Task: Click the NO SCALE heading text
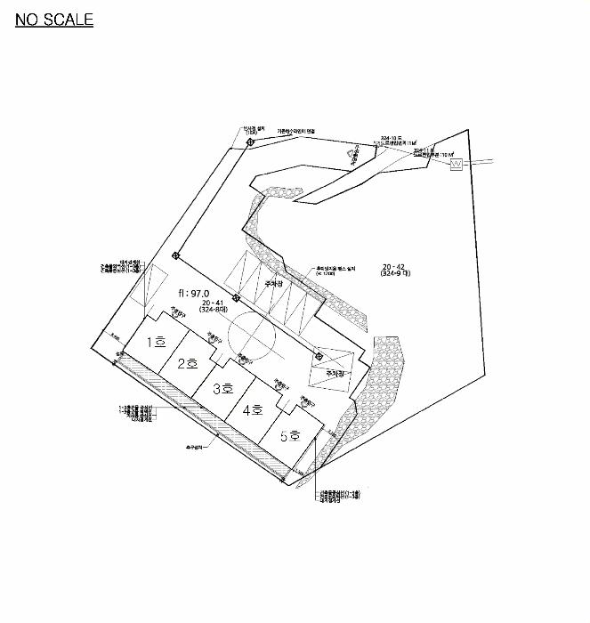54,20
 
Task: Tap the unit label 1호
158,342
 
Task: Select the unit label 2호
187,363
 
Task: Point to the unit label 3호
222,388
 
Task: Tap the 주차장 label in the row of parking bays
273,286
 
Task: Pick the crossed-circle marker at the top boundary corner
251,142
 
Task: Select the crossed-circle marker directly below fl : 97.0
236,297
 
